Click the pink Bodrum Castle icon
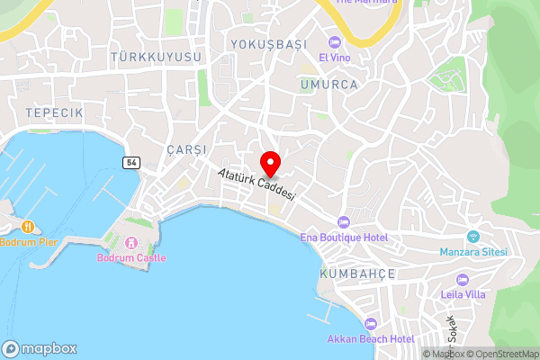pos(131,241)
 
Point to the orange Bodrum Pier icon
pos(29,227)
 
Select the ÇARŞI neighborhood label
pos(186,148)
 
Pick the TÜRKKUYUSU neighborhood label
pos(156,57)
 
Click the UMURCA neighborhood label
pos(329,84)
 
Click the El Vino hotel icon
pos(335,42)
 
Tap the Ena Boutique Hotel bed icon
pos(342,221)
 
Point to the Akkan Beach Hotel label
pos(371,338)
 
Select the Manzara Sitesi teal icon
pos(472,237)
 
